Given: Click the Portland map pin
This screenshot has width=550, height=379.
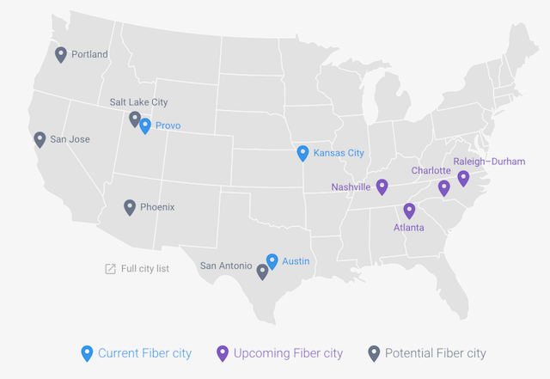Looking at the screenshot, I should pyautogui.click(x=61, y=54).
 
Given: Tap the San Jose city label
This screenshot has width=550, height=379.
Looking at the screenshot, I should pyautogui.click(x=70, y=139).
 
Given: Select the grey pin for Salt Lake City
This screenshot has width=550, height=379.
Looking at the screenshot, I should pyautogui.click(x=135, y=119).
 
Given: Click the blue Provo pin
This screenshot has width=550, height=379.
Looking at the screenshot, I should pyautogui.click(x=145, y=125).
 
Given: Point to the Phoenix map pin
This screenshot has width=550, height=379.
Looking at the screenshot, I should pyautogui.click(x=130, y=206).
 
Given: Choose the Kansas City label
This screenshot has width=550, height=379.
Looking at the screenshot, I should pyautogui.click(x=339, y=153).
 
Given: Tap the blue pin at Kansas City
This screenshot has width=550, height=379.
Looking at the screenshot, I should pyautogui.click(x=302, y=153).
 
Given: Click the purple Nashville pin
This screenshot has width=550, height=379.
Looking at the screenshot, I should pyautogui.click(x=382, y=186).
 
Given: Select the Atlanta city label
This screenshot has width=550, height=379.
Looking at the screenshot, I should pyautogui.click(x=408, y=228).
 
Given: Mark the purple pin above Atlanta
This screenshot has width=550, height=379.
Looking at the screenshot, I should pyautogui.click(x=409, y=210).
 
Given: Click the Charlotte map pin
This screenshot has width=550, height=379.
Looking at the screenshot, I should pyautogui.click(x=444, y=187).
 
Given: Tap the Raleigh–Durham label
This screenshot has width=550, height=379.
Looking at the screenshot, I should pyautogui.click(x=489, y=161).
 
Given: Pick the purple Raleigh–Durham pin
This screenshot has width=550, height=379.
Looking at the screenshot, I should pyautogui.click(x=463, y=178).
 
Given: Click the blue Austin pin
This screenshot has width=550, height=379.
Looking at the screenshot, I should pyautogui.click(x=272, y=260).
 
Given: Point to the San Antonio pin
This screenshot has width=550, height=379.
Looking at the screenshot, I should pyautogui.click(x=262, y=271).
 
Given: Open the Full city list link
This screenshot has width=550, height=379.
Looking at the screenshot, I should pyautogui.click(x=144, y=269).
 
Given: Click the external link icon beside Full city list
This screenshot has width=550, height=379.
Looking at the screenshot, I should pyautogui.click(x=110, y=269).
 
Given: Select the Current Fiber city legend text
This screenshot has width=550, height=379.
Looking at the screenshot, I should pyautogui.click(x=144, y=353).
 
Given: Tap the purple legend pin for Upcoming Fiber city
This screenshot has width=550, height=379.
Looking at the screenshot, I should pyautogui.click(x=223, y=352).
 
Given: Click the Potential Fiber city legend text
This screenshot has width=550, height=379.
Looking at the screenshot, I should pyautogui.click(x=435, y=353).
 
